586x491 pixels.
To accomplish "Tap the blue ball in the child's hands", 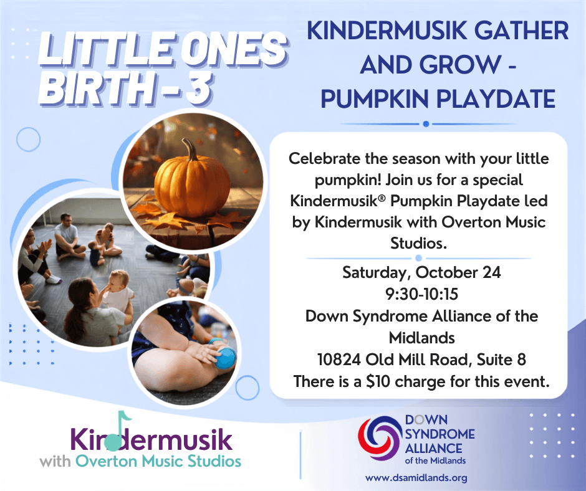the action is tap(225, 358).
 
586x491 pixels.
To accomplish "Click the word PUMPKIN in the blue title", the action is tap(375, 99).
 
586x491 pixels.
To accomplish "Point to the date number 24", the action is tap(491, 272).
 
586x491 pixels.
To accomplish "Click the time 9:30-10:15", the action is tap(421, 294).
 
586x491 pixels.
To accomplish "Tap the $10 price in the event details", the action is tap(378, 381).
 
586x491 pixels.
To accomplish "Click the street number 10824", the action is tap(339, 360).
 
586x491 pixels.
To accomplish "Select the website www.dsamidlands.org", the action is tap(416, 478).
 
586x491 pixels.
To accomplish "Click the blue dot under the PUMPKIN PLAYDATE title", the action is tap(426, 124).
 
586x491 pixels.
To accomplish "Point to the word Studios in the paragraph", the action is tap(418, 243).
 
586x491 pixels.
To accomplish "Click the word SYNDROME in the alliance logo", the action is tap(440, 434).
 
